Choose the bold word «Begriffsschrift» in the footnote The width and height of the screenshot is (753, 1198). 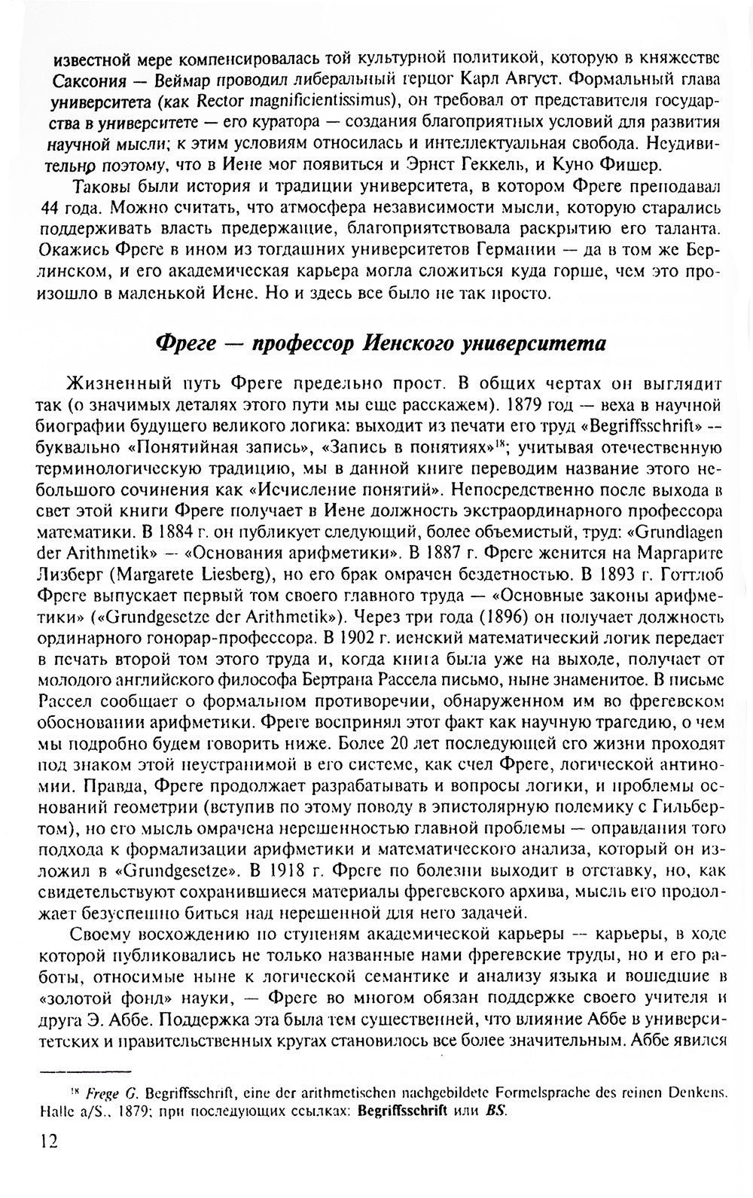point(404,1111)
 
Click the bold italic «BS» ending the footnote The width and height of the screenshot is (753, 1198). point(496,1111)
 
